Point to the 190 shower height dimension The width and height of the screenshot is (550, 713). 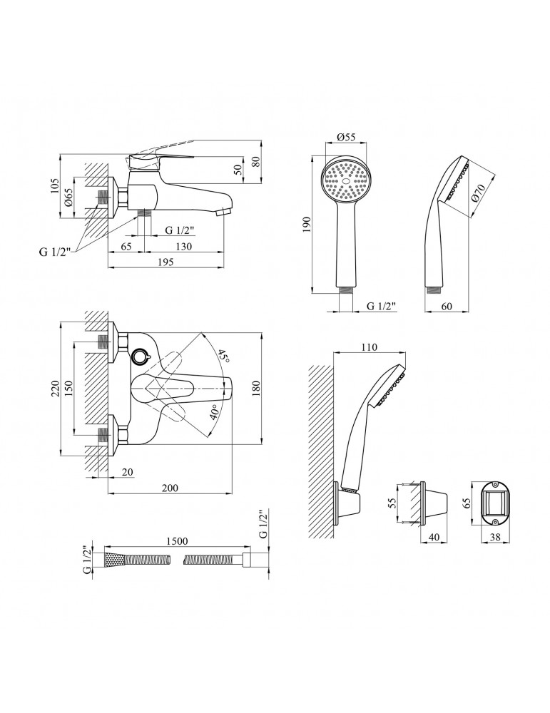click(306, 225)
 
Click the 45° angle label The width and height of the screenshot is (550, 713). click(222, 356)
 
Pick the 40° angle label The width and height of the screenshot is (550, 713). click(214, 413)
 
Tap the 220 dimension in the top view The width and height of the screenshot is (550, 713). click(55, 389)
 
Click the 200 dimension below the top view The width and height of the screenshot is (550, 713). click(170, 488)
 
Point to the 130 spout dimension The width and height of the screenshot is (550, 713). click(183, 247)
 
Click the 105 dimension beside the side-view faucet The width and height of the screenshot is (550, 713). click(55, 185)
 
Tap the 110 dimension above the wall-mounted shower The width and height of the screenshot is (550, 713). click(369, 347)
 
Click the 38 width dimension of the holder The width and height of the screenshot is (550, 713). click(494, 537)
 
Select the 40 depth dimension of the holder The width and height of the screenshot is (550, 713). click(434, 537)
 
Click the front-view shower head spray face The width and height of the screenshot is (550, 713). click(346, 181)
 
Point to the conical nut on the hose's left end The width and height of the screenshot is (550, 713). click(115, 560)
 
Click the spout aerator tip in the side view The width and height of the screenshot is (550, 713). click(223, 212)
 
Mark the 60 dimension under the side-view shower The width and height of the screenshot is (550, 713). click(447, 306)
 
